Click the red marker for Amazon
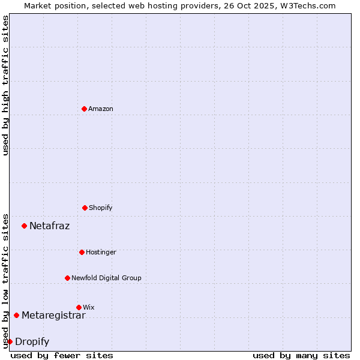(84, 109)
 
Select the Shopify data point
(85, 208)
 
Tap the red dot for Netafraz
(24, 226)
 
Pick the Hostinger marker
(82, 252)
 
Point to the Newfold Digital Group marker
(67, 278)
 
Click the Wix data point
(79, 307)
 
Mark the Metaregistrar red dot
(16, 315)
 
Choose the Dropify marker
(10, 341)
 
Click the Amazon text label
(101, 109)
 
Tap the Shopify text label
(101, 208)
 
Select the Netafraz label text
(49, 226)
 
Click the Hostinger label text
(101, 252)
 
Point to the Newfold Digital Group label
(106, 278)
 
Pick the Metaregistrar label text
(53, 315)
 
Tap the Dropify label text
(32, 341)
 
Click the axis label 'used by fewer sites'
(62, 355)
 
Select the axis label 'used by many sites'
(301, 355)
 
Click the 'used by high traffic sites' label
(5, 85)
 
